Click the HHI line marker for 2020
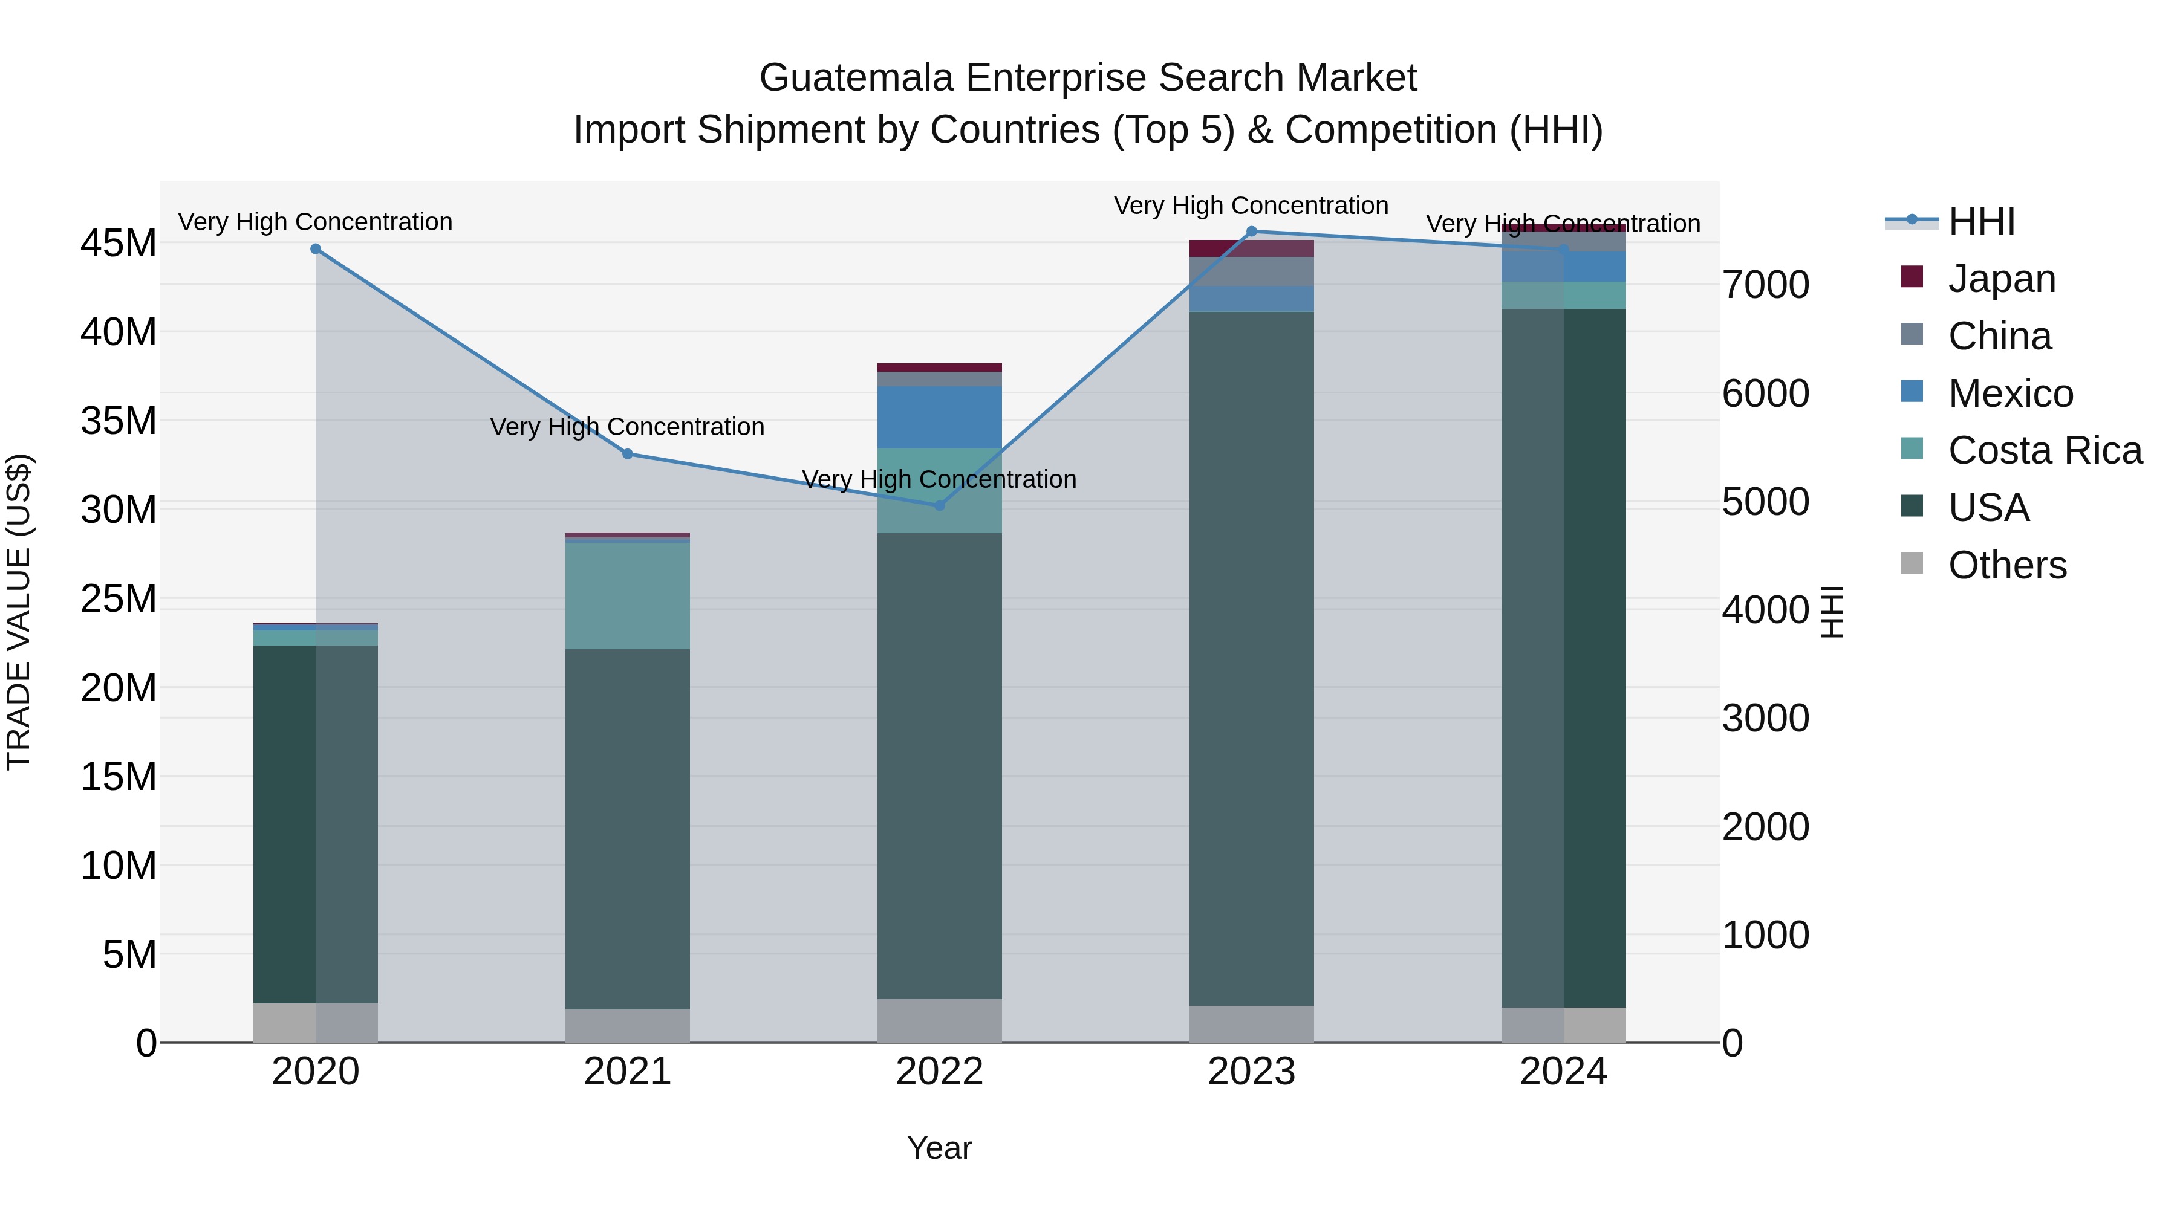(315, 249)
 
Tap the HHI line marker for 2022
(939, 506)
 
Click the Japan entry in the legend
(2001, 279)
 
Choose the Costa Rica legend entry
(2045, 450)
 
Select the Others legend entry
(2007, 565)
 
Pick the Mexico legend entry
(2011, 393)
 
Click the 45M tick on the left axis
(119, 243)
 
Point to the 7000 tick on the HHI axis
(1765, 285)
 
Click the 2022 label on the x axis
(939, 1072)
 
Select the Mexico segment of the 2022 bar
(939, 417)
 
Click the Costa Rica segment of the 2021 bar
(627, 595)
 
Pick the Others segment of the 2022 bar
(939, 1020)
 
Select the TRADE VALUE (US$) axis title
(19, 612)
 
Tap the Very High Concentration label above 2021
(627, 427)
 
